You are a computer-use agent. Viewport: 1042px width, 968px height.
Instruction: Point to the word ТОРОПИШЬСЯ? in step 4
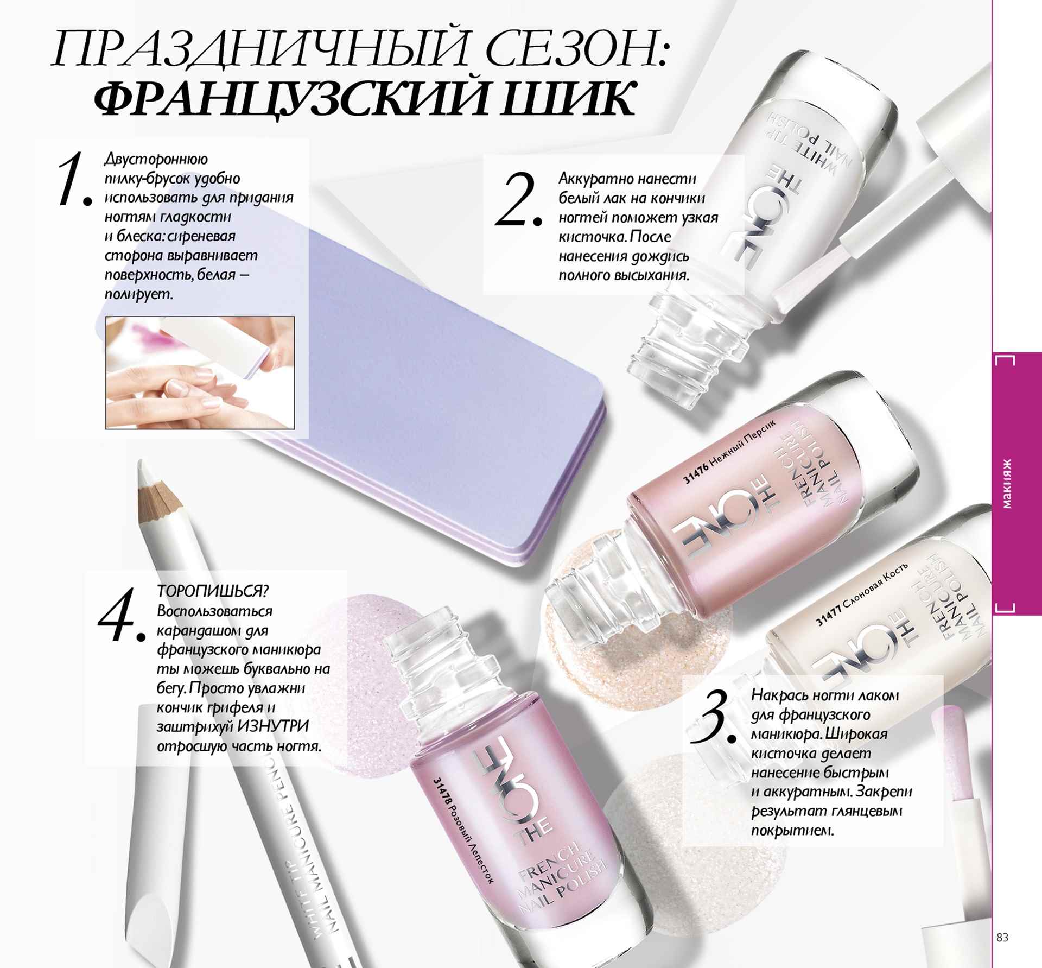[x=213, y=591]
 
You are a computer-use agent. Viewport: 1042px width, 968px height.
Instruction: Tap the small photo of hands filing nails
[x=200, y=372]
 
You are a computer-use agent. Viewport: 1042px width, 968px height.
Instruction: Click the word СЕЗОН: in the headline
[x=576, y=50]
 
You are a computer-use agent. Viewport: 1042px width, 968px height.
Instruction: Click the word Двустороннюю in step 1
[x=156, y=160]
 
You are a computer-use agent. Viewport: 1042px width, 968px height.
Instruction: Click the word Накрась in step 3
[x=779, y=695]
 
